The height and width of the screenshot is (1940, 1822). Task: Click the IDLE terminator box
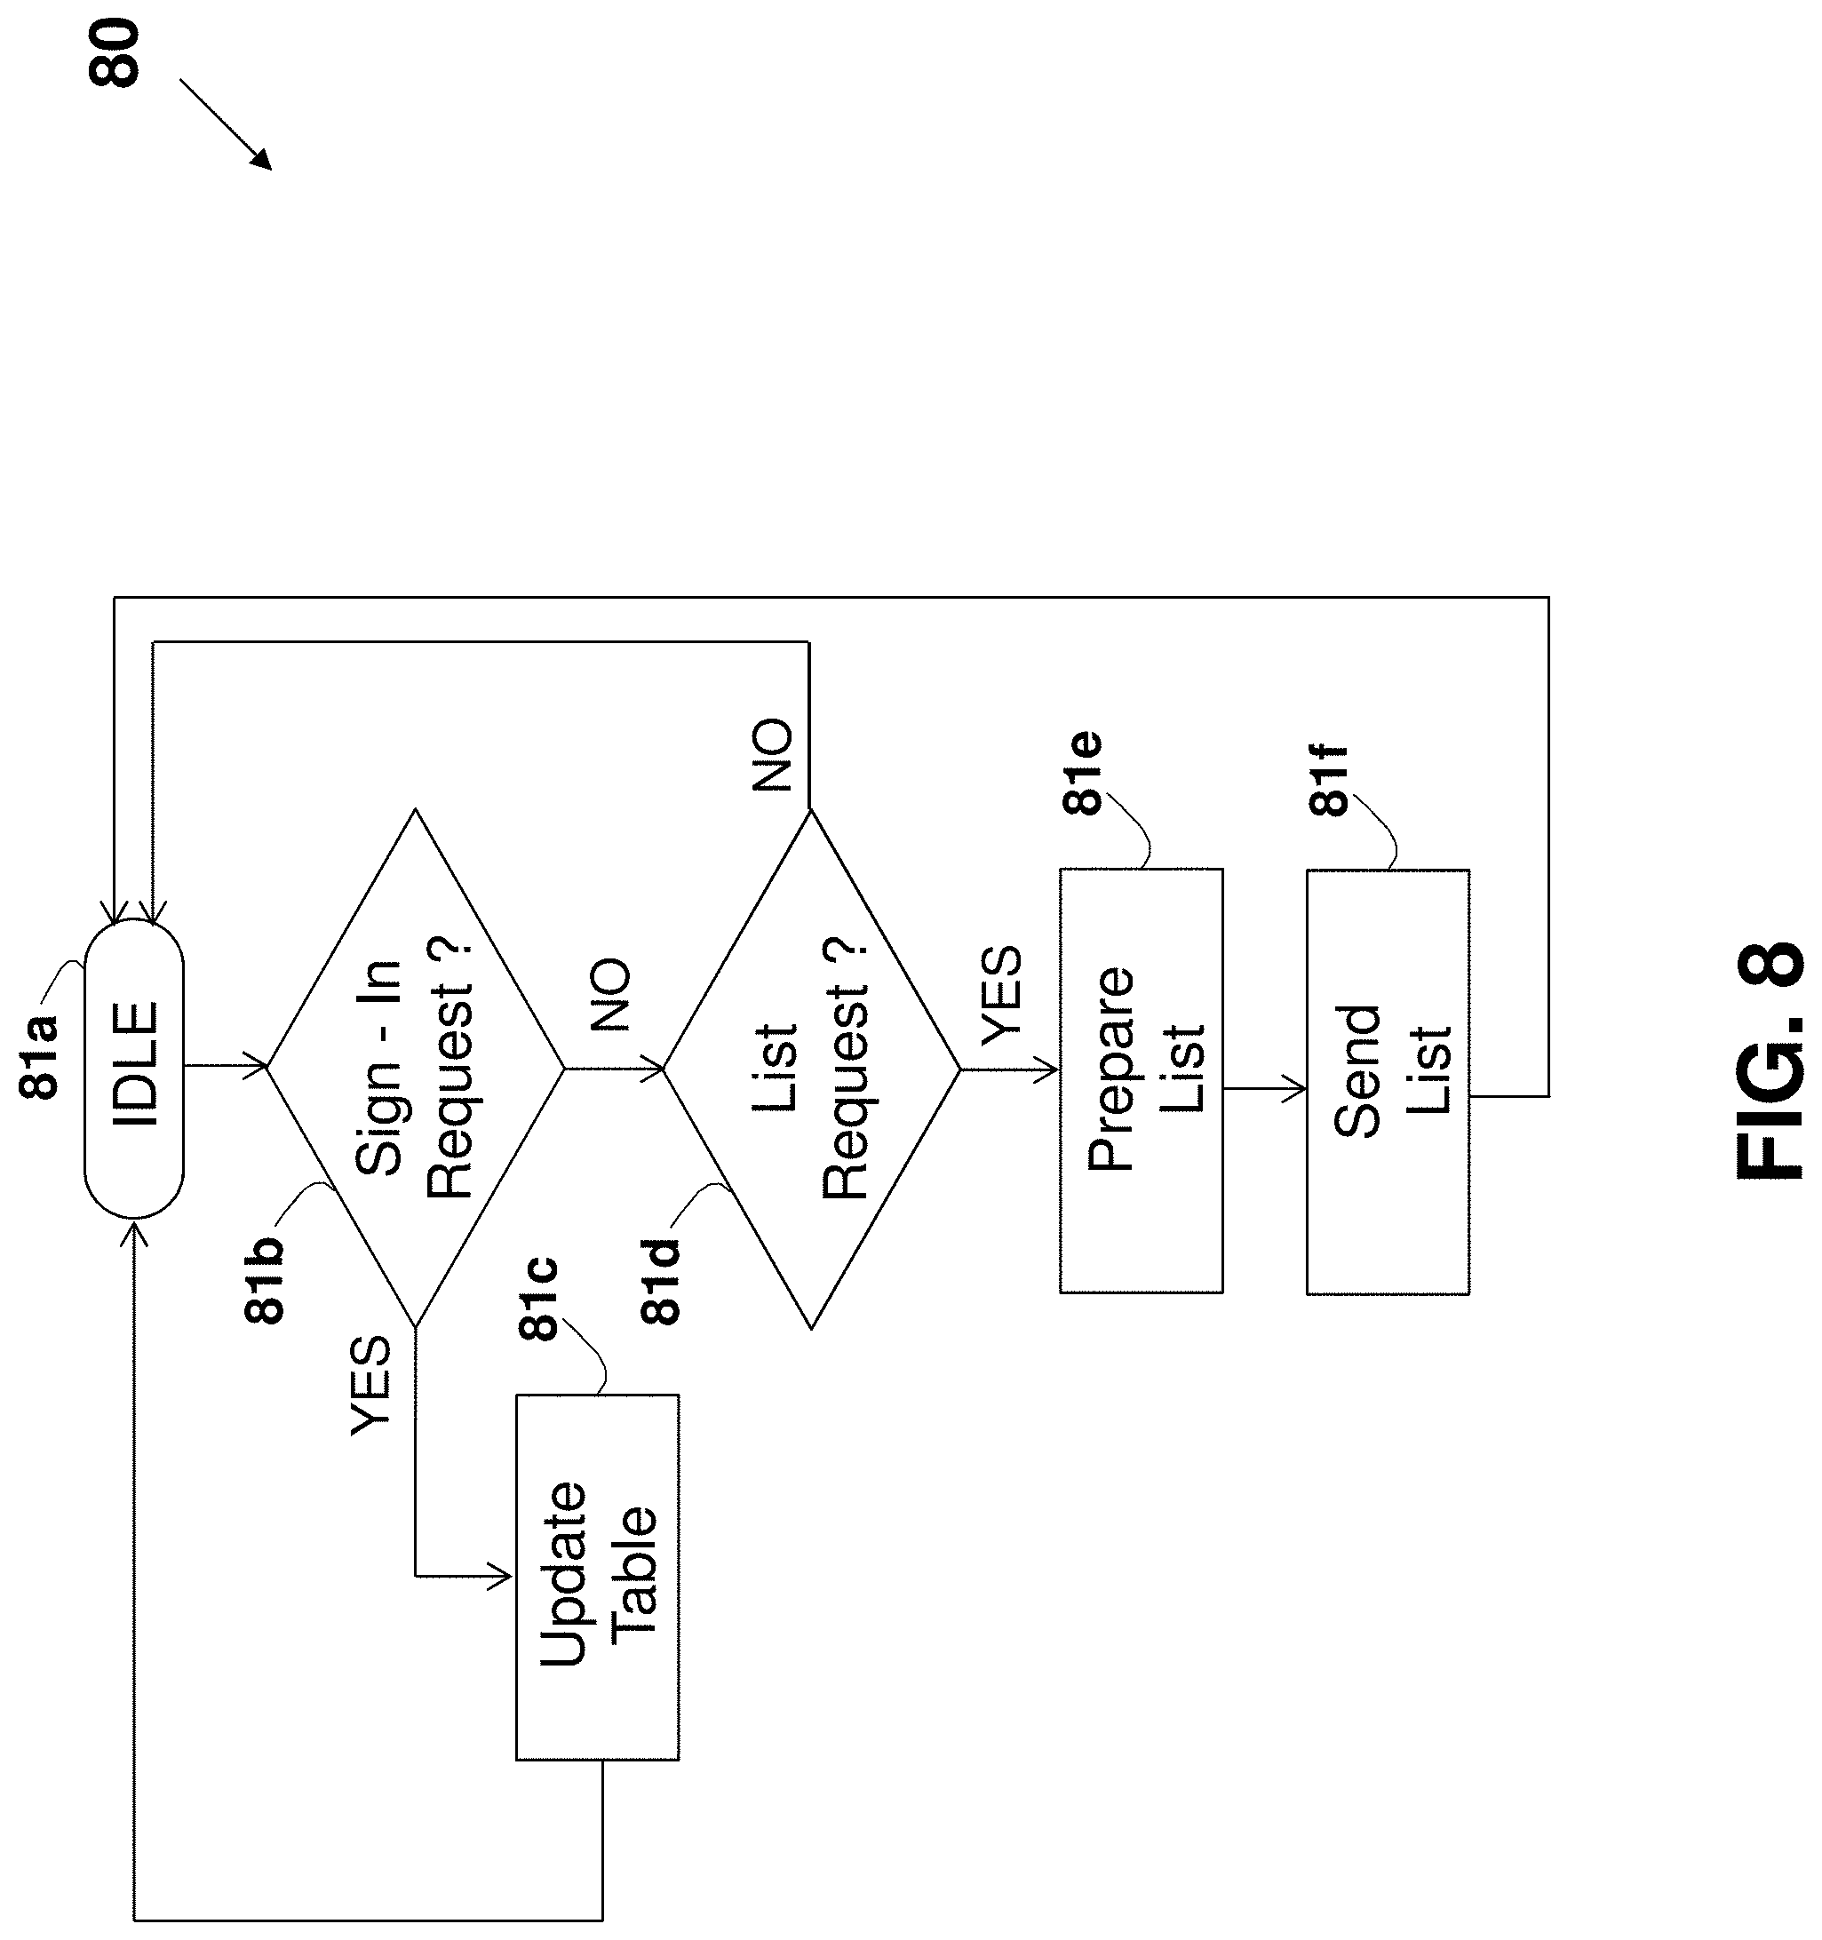point(135,1068)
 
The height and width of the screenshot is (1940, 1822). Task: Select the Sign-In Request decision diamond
point(416,1068)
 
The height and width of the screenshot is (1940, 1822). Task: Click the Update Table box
point(597,1577)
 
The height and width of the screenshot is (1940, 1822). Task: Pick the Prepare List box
point(1141,1081)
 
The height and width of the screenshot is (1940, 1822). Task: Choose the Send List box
point(1388,1081)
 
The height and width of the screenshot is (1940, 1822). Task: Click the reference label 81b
point(265,1279)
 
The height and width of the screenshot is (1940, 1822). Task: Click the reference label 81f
point(1328,780)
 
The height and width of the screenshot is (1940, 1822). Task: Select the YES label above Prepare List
point(1001,996)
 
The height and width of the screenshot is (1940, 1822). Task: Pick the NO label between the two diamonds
point(611,996)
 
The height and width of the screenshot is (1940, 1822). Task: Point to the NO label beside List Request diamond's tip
point(773,755)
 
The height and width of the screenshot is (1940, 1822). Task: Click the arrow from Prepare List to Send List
point(1265,1089)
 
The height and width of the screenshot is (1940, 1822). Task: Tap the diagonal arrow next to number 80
point(226,125)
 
